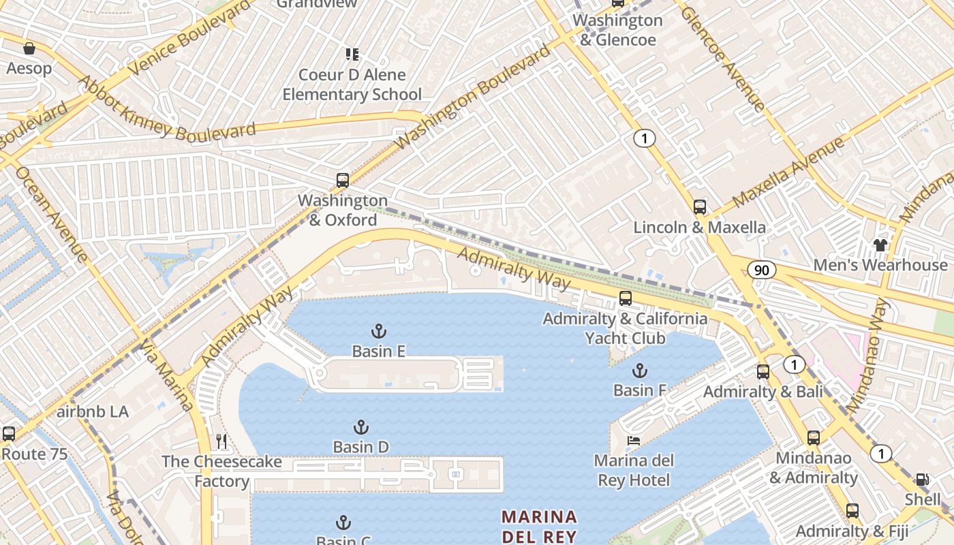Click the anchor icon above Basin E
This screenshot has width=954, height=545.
379,332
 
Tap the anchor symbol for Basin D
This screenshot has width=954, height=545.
361,428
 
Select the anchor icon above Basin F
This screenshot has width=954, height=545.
639,371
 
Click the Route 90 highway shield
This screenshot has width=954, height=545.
761,270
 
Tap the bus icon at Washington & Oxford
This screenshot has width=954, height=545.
343,181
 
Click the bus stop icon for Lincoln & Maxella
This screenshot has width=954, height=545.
700,207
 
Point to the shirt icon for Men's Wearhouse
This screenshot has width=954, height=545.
880,245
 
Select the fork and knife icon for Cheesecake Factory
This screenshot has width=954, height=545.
221,441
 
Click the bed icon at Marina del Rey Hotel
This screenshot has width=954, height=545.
634,441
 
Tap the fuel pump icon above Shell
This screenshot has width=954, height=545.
922,480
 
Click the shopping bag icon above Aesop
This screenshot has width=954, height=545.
29,48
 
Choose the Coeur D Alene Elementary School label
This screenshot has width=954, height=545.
352,84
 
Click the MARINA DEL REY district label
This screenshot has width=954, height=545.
539,526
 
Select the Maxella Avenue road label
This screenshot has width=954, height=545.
789,172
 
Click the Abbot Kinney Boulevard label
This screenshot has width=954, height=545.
167,114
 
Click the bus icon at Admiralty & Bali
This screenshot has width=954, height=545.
763,372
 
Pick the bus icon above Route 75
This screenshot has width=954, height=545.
9,433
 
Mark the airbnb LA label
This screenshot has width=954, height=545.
93,411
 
